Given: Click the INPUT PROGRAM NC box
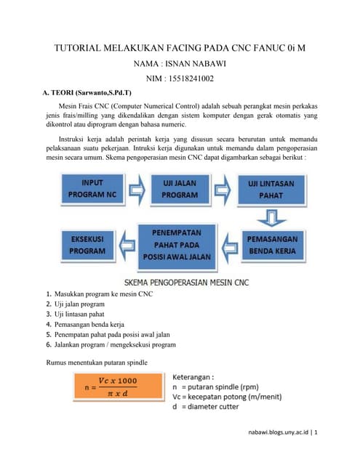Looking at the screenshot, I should tap(92, 189).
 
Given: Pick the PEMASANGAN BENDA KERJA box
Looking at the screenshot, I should tap(271, 243).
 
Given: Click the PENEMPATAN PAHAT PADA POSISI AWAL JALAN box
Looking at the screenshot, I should tap(180, 243).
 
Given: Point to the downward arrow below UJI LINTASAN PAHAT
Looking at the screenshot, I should tap(271, 216).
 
